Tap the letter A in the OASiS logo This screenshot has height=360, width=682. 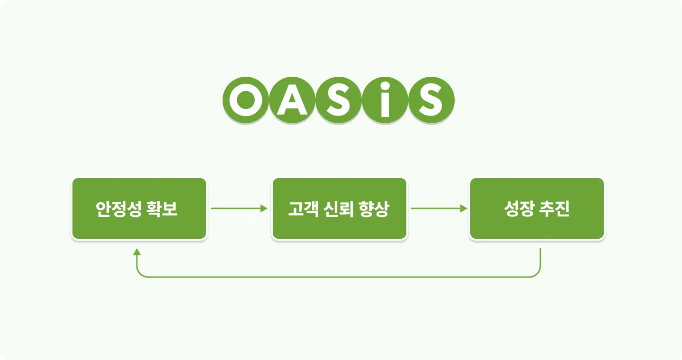click(292, 100)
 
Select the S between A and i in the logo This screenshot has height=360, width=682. click(338, 100)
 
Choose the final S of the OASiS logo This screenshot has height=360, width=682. click(431, 100)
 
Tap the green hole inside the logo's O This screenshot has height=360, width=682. click(245, 100)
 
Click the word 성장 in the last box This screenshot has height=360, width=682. click(520, 209)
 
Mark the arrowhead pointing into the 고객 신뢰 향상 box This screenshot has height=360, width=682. click(264, 208)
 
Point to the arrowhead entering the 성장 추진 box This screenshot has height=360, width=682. click(464, 208)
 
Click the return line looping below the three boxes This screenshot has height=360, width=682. click(339, 277)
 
